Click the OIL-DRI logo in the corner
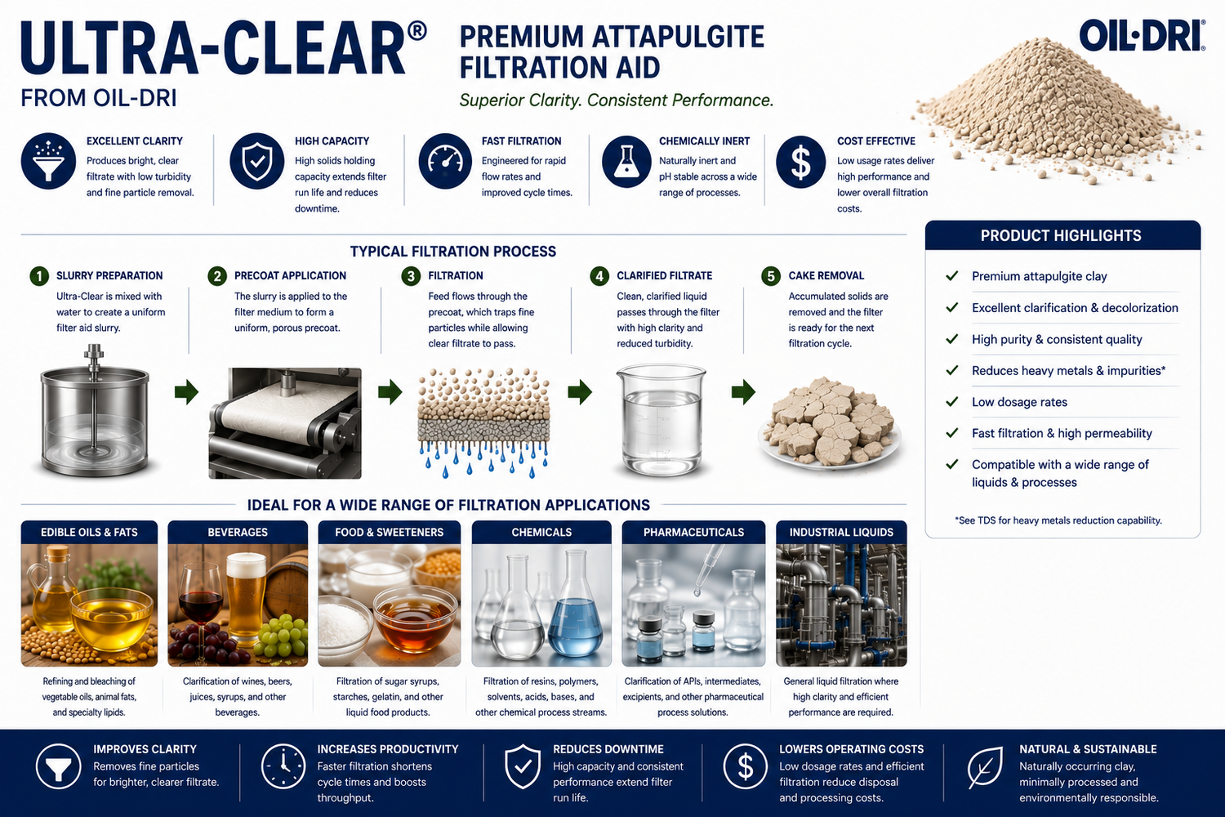(1142, 36)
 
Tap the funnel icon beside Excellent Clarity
(49, 162)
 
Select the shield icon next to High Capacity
(257, 162)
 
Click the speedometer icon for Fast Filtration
(445, 162)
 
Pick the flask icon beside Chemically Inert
(626, 162)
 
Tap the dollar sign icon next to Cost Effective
(800, 162)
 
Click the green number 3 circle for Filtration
(411, 276)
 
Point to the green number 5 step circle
(771, 276)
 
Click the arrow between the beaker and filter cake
(744, 392)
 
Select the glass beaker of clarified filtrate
(661, 419)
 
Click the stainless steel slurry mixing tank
(95, 412)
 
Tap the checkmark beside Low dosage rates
(952, 402)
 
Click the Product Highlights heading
(1061, 236)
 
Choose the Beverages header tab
(238, 532)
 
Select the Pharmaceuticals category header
(693, 532)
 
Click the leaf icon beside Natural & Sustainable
(984, 767)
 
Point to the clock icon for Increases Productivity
(283, 766)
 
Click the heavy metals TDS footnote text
(1058, 520)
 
